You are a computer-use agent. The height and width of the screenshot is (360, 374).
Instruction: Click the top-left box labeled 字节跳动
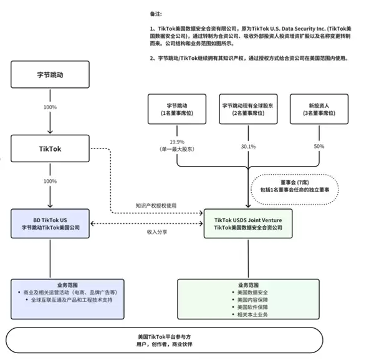point(50,74)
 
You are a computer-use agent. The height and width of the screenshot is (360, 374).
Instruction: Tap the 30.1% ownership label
point(249,146)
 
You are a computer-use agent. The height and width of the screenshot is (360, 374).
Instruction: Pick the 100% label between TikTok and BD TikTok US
point(50,181)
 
